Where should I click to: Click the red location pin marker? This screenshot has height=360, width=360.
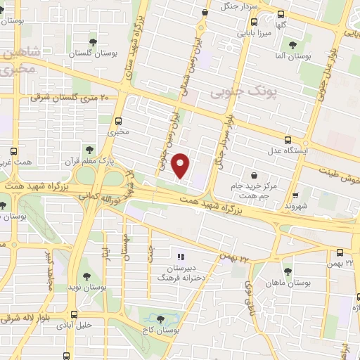pos(181,165)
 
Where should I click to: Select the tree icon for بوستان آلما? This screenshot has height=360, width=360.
pos(292,46)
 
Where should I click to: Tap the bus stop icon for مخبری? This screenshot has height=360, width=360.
pos(117,120)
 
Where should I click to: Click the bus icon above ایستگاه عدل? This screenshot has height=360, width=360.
pos(288,139)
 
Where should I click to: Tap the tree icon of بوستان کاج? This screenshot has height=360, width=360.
pos(166,319)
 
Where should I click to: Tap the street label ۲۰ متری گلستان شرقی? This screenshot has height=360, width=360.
pos(67,98)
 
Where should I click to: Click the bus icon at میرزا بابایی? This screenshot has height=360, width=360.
pos(281,14)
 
